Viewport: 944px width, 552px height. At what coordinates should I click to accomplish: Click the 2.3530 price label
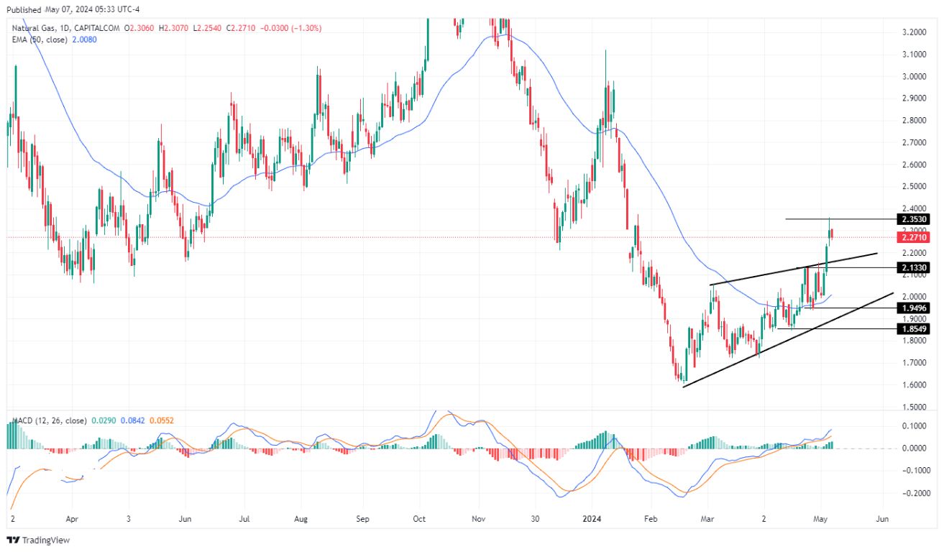click(x=913, y=218)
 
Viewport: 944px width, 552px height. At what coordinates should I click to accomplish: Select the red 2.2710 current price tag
click(x=913, y=237)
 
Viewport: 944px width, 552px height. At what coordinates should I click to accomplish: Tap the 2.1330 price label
click(x=913, y=267)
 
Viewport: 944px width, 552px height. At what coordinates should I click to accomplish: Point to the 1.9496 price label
click(x=913, y=308)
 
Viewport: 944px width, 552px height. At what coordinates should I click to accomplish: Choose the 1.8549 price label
click(x=913, y=328)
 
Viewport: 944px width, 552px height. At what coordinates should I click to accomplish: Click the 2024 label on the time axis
click(x=592, y=517)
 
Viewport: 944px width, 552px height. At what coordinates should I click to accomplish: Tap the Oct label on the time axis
click(x=421, y=517)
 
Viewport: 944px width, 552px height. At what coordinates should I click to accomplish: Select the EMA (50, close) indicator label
click(x=40, y=40)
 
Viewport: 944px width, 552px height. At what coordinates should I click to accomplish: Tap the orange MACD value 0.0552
click(x=161, y=420)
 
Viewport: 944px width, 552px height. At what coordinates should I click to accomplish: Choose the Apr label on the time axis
click(x=71, y=517)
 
